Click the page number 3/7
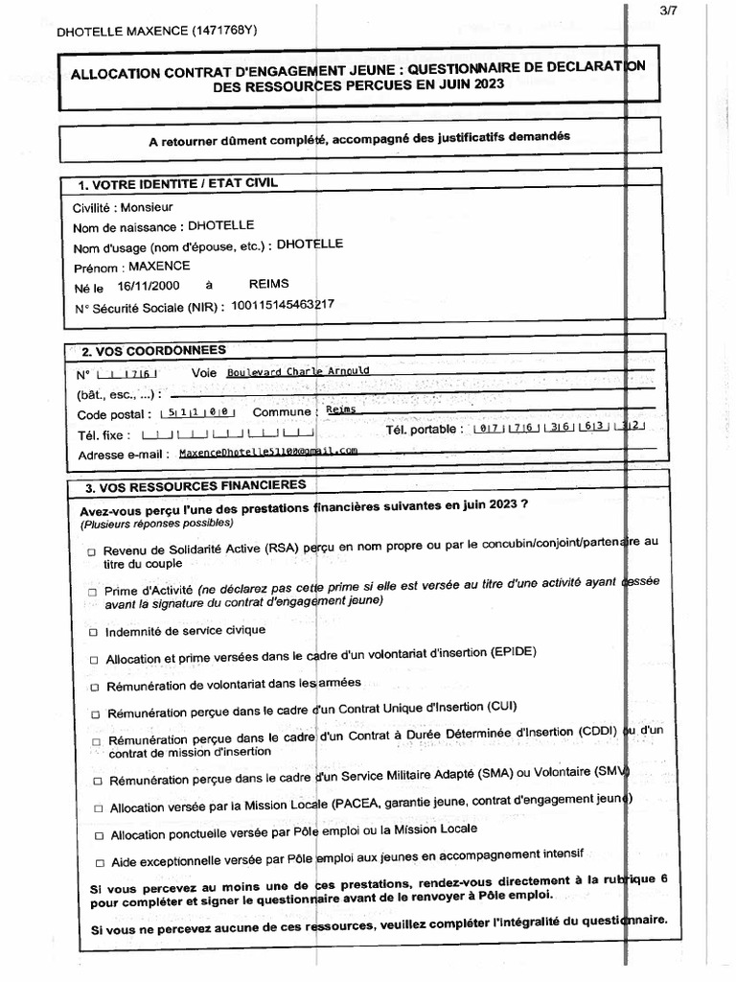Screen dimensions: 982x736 (x=711, y=11)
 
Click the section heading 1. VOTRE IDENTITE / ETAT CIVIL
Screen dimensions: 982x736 (x=177, y=183)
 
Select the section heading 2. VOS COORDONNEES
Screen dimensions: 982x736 (x=153, y=350)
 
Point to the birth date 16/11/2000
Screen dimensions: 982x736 (x=148, y=286)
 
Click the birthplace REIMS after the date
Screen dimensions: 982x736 (x=268, y=285)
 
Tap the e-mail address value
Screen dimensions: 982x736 (x=267, y=451)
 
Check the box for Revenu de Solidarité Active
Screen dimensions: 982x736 (x=92, y=553)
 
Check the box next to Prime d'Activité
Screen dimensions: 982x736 (x=92, y=593)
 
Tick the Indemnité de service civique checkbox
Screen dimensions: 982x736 (x=93, y=632)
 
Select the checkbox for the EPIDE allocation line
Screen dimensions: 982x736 (x=94, y=660)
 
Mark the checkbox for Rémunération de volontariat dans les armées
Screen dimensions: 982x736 (x=94, y=687)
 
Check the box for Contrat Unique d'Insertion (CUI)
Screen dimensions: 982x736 (x=94, y=714)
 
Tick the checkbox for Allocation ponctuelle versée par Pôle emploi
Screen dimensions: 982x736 (x=97, y=836)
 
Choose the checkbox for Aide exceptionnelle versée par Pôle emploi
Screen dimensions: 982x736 (x=98, y=863)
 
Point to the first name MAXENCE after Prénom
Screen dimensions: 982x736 (x=159, y=267)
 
